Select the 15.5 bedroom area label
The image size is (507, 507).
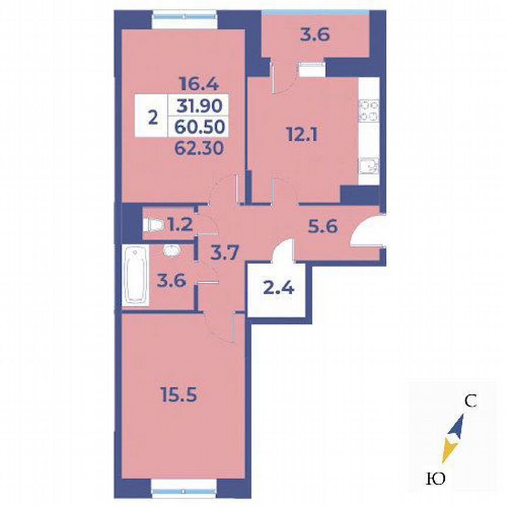click(178, 395)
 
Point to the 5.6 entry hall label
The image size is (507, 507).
click(324, 227)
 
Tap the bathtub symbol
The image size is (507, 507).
click(136, 276)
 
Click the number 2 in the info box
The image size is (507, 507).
click(152, 117)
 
